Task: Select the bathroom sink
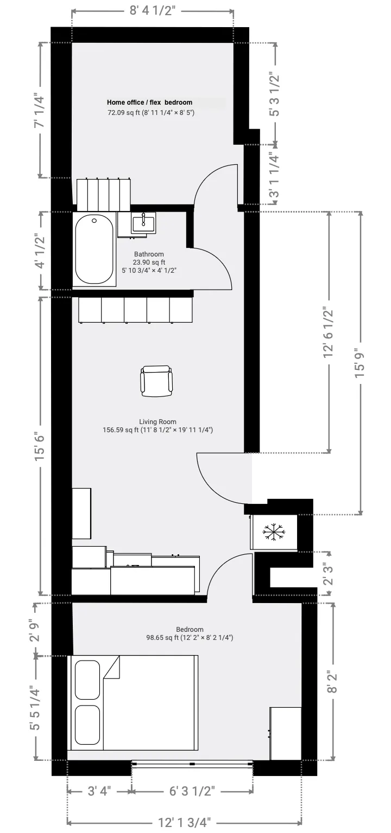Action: [x=144, y=222]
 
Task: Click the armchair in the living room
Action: [x=157, y=381]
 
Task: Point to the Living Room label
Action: [x=157, y=421]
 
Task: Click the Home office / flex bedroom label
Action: [x=149, y=102]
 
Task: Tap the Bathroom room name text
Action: [x=149, y=254]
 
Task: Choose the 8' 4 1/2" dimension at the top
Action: [x=153, y=11]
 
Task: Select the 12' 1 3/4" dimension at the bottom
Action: [x=185, y=822]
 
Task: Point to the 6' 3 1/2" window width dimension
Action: [x=192, y=791]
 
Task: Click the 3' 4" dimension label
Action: [x=99, y=791]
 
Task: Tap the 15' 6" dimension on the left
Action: [x=39, y=445]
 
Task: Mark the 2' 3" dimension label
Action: [x=327, y=574]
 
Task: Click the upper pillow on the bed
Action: [x=87, y=679]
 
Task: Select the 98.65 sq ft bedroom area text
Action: [x=189, y=638]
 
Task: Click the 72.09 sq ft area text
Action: [x=150, y=113]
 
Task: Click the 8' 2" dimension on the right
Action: [x=332, y=681]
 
